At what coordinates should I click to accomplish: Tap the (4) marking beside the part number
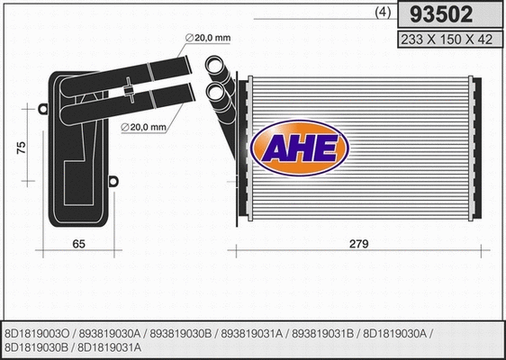[x=381, y=13]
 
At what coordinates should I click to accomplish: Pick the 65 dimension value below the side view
[x=77, y=243]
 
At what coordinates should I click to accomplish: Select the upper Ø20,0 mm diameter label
[x=208, y=36]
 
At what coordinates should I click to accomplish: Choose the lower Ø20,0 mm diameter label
[x=144, y=128]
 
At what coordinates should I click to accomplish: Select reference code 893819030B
[x=182, y=332]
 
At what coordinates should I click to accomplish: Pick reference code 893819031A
[x=253, y=332]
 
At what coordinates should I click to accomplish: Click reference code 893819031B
[x=321, y=332]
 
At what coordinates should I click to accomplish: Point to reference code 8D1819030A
[x=394, y=332]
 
